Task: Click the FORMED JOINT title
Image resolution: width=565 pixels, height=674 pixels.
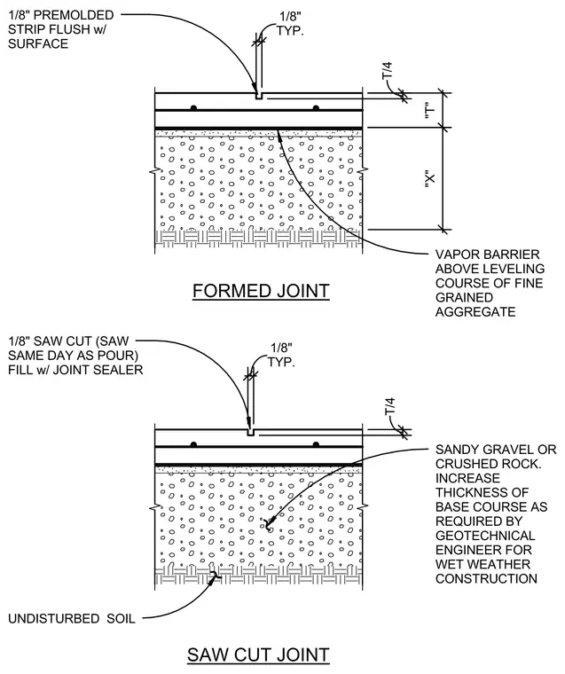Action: point(261,291)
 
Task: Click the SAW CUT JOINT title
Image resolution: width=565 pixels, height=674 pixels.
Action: point(258,655)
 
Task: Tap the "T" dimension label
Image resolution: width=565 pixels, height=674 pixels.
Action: point(429,110)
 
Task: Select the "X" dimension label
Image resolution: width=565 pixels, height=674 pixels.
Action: point(429,178)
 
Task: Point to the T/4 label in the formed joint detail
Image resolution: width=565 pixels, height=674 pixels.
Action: point(388,70)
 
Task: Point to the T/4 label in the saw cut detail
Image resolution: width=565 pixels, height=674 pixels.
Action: point(389,406)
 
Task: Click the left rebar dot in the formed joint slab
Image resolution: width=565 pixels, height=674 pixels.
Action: point(193,107)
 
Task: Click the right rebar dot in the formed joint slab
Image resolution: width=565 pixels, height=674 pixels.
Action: point(316,107)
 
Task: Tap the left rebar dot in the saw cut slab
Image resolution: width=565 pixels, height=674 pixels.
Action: point(193,444)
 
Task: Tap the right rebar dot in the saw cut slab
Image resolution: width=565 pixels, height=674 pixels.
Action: point(316,444)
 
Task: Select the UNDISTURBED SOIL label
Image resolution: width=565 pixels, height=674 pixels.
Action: point(71,618)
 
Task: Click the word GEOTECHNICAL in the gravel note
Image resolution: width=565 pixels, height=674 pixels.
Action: point(485,536)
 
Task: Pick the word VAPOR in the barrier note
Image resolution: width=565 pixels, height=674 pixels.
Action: point(457,255)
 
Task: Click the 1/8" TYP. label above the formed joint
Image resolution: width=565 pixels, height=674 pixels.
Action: point(290,24)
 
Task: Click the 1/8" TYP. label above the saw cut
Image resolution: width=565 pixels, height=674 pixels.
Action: point(282,355)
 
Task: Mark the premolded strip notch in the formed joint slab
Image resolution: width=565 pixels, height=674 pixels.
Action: point(259,96)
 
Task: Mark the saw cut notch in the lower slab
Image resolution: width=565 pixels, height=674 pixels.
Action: point(251,433)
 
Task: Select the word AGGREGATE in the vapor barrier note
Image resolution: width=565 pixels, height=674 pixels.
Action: point(475,311)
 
